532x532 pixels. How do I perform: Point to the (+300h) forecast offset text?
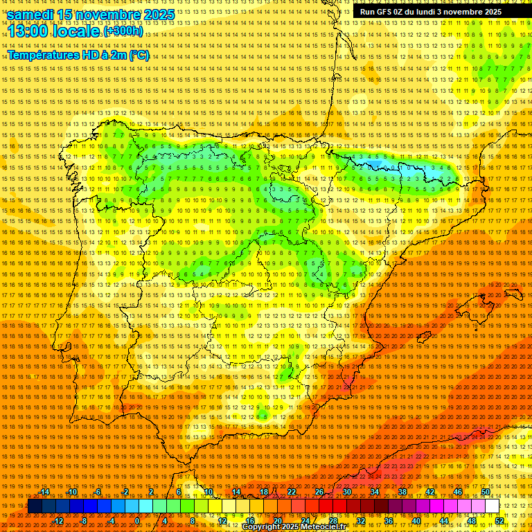[x=124, y=31]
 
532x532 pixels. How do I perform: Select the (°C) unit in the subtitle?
[x=139, y=55]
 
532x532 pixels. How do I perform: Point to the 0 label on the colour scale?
[x=137, y=520]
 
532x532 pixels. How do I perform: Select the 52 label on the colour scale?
[x=499, y=520]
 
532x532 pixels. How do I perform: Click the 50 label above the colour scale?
[x=486, y=492]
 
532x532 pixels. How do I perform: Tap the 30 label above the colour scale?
[x=346, y=492]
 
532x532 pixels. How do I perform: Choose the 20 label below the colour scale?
[x=277, y=520]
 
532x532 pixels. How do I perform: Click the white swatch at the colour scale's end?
[x=493, y=506]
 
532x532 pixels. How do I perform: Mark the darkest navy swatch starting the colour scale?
[x=35, y=506]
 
